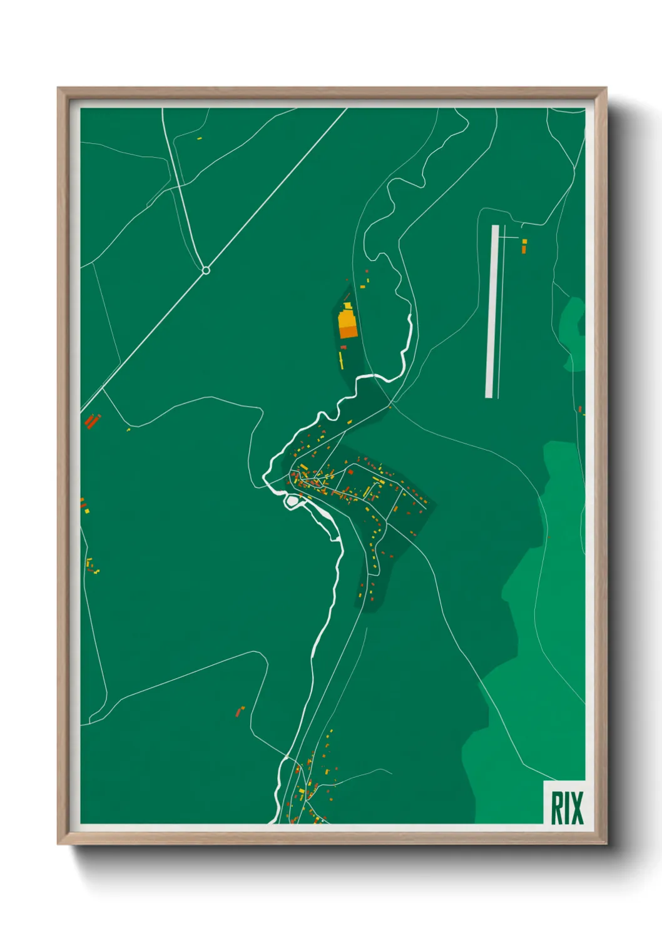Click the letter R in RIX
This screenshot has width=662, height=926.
click(556, 808)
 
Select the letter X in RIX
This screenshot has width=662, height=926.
click(577, 808)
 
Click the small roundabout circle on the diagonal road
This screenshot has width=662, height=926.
click(205, 270)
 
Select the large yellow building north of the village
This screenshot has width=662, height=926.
click(346, 320)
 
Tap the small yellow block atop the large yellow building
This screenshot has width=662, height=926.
click(347, 306)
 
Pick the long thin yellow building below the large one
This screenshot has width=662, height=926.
click(341, 359)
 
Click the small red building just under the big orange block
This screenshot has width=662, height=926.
click(343, 347)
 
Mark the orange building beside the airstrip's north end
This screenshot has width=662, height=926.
click(524, 249)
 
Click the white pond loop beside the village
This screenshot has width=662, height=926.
click(292, 501)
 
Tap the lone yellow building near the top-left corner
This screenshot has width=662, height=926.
click(200, 138)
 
